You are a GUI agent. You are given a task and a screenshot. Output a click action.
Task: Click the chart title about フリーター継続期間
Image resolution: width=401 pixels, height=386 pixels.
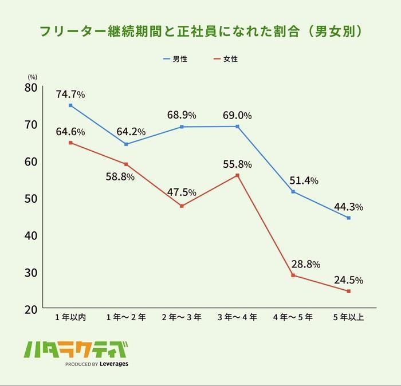click(200, 31)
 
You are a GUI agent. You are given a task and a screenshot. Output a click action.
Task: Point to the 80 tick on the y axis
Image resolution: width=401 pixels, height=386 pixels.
click(30, 88)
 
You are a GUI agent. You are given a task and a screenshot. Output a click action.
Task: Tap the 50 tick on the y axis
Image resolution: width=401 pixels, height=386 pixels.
click(30, 198)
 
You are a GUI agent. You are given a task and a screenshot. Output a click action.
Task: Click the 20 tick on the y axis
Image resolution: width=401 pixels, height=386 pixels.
click(30, 309)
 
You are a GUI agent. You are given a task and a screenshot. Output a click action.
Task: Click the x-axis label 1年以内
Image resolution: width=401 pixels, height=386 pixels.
click(70, 318)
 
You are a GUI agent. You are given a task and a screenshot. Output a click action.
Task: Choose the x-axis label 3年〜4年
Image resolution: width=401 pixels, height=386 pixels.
click(237, 318)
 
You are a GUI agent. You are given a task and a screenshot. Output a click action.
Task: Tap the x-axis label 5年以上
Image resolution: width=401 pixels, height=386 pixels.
click(348, 318)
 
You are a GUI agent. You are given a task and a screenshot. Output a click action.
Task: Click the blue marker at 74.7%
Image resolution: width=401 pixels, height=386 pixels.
click(70, 105)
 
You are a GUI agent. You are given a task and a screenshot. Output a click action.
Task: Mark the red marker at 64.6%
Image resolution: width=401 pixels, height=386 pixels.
click(70, 143)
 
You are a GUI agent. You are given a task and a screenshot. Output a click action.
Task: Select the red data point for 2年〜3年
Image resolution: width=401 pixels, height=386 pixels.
click(182, 206)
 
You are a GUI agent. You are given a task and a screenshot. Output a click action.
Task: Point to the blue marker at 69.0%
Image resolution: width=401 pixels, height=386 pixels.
click(237, 127)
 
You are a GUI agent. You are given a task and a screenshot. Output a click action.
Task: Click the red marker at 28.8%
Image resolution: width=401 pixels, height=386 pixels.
click(293, 275)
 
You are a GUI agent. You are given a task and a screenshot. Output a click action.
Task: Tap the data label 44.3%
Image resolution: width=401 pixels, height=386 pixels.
click(348, 207)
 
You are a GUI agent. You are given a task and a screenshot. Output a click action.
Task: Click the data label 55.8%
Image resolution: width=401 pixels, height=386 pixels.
click(237, 164)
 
